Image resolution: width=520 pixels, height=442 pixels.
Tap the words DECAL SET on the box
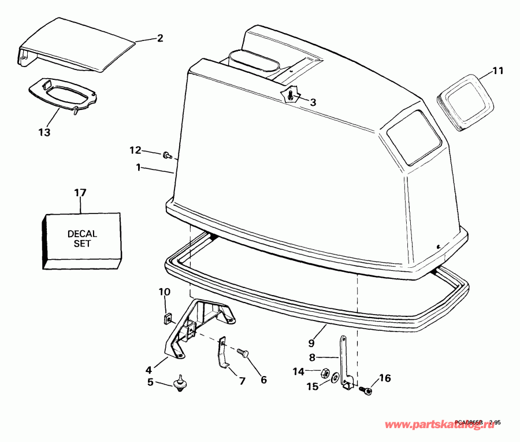(82, 239)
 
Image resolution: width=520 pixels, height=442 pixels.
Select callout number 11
(498, 71)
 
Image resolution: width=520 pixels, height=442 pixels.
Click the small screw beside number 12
(168, 155)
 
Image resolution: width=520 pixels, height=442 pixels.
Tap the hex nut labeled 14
(325, 373)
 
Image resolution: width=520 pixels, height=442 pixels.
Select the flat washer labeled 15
(335, 379)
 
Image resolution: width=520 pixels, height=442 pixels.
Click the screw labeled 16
(366, 391)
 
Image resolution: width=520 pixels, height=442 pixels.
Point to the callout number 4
(148, 369)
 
